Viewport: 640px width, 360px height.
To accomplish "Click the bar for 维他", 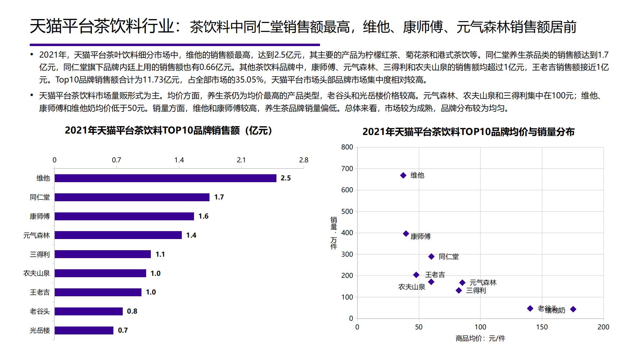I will [x=165, y=178].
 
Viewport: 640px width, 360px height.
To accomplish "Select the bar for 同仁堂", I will [x=132, y=197].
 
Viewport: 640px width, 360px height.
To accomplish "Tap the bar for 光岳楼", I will [x=84, y=330].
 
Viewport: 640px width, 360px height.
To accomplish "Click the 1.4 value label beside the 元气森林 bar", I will [x=191, y=235].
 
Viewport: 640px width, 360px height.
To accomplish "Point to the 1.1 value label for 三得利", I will [x=160, y=255].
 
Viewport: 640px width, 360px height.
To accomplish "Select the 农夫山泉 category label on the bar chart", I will [x=36, y=273].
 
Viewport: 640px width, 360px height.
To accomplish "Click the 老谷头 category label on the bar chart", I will [x=40, y=311].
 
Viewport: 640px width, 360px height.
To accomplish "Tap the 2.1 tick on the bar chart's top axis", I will [x=241, y=160].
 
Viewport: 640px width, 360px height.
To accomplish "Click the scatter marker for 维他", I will [x=403, y=175].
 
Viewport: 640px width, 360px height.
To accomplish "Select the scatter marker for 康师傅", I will [x=406, y=234].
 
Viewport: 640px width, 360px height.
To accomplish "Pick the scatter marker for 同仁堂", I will [x=431, y=257].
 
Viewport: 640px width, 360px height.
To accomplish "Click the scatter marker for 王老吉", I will [x=416, y=275].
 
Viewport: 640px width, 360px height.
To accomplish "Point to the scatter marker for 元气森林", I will [x=462, y=283].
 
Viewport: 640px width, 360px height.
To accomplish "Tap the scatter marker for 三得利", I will [x=459, y=291].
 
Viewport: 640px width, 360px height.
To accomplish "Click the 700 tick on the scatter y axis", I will [x=347, y=168].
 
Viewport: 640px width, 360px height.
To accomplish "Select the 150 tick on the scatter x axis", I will [x=542, y=327].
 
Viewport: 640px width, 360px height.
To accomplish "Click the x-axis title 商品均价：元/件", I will [x=480, y=338].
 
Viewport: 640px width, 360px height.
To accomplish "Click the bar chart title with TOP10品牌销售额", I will [x=168, y=130].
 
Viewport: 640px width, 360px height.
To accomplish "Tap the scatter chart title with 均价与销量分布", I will [x=468, y=132].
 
